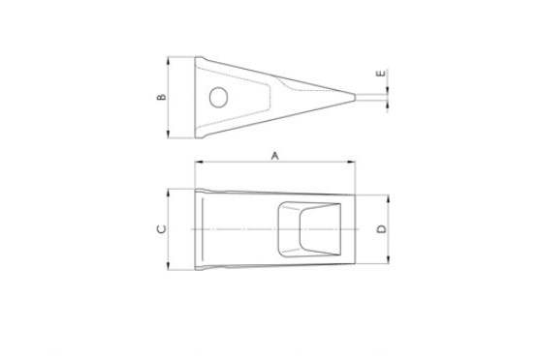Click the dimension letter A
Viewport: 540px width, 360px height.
click(274, 155)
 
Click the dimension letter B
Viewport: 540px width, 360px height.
click(162, 97)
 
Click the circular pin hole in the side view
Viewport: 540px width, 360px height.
click(219, 97)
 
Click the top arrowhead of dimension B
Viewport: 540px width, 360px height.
click(171, 59)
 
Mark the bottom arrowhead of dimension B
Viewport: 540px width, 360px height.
click(171, 136)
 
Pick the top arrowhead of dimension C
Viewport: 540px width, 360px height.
click(171, 190)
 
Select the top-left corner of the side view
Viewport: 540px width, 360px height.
click(197, 58)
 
